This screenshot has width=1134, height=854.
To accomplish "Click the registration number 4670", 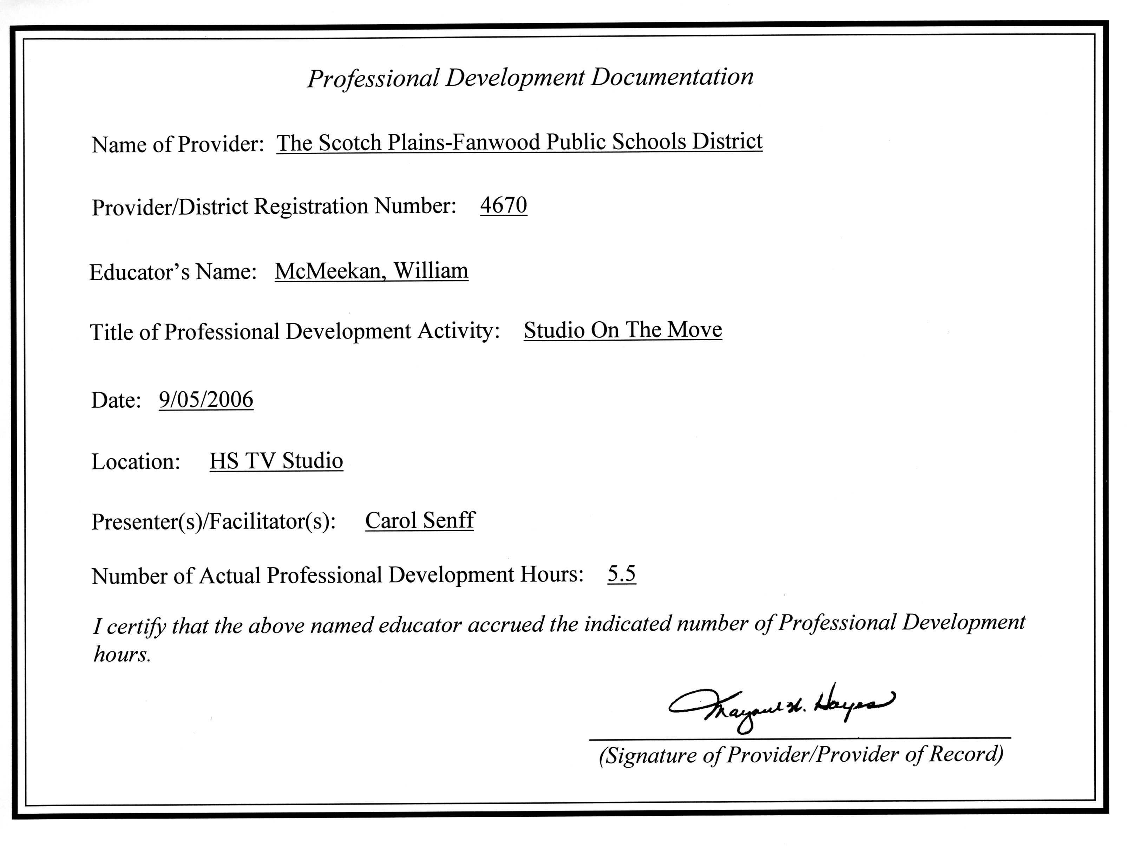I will [503, 205].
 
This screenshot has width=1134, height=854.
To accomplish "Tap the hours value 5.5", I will [621, 573].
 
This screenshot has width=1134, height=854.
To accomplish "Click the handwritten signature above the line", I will [781, 707].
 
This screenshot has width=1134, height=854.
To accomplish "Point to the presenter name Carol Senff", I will [420, 520].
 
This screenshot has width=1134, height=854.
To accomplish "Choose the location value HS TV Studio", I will [276, 460].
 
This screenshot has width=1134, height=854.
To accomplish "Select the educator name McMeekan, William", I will [371, 271].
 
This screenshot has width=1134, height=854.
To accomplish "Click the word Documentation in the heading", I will [672, 77].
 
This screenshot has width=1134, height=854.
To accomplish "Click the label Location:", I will [136, 461].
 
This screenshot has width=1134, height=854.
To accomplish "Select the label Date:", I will [116, 400].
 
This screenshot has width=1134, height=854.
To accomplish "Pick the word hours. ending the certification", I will [122, 655].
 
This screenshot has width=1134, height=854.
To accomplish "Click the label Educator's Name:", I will [173, 272].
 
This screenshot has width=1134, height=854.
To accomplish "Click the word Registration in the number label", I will [311, 206].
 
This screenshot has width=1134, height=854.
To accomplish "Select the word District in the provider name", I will [727, 141].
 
